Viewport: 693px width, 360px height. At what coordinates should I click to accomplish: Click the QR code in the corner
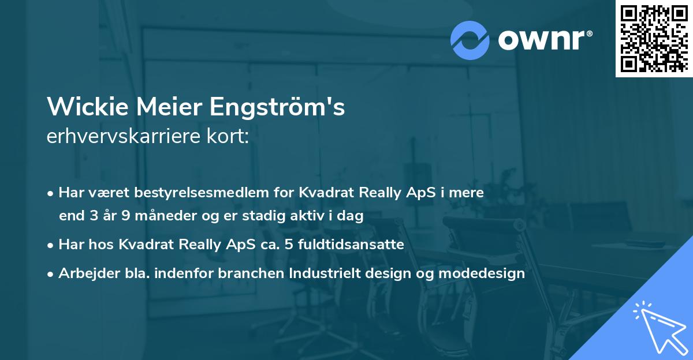tap(654, 39)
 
